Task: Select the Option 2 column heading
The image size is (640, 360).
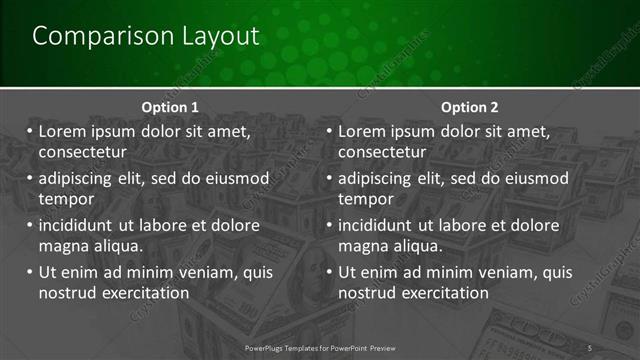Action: click(469, 107)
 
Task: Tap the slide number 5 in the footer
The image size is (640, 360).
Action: click(590, 347)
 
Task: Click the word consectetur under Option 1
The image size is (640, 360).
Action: click(83, 152)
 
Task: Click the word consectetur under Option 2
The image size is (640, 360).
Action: click(383, 152)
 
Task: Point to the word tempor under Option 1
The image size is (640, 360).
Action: click(66, 198)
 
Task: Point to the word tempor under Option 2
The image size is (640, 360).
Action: click(366, 198)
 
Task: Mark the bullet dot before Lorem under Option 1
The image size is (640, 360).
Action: click(30, 131)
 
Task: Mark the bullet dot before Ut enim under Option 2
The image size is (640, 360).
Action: click(330, 272)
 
